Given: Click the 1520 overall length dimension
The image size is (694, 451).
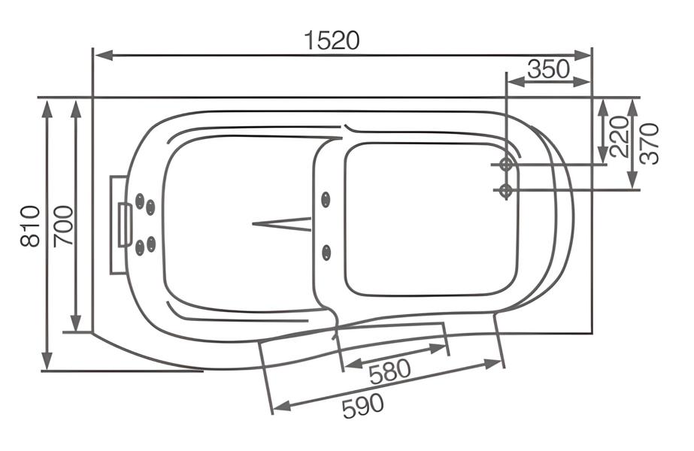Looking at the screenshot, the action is click(332, 41).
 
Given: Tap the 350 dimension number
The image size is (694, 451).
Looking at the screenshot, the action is click(548, 69).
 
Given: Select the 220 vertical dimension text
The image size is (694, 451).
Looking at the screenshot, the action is click(620, 137).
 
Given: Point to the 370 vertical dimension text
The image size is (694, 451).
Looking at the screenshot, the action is click(650, 144).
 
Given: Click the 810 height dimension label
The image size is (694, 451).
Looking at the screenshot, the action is click(31, 225).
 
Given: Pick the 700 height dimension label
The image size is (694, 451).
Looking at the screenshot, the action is click(63, 225).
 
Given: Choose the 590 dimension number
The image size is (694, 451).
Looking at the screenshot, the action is click(363, 406).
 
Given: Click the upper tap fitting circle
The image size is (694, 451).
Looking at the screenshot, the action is click(506, 165).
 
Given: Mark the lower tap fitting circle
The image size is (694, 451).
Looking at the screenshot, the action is click(506, 191).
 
